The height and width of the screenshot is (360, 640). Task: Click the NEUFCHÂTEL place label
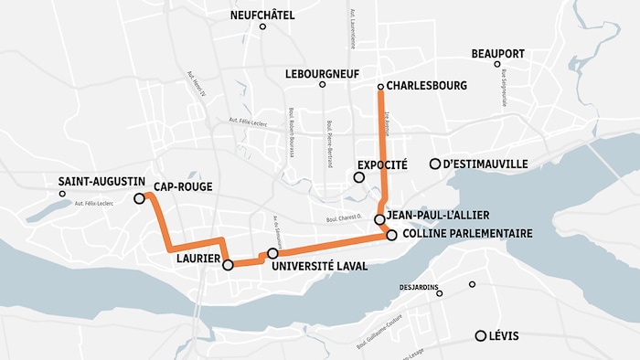[x=263, y=14]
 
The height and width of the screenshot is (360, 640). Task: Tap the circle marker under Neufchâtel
[x=262, y=27]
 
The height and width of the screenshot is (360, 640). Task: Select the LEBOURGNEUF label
[x=321, y=72]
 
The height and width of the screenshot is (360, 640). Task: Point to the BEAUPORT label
[x=497, y=53]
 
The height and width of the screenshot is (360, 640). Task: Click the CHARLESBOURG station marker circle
[x=380, y=86]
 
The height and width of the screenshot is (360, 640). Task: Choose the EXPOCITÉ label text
[x=382, y=164]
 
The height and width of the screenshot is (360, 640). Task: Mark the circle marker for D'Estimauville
[x=435, y=164]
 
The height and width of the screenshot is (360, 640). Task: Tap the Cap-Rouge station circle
[x=139, y=198]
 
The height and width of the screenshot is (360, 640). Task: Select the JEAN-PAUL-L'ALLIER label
[x=438, y=216]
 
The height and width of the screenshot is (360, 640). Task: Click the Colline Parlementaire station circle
[x=391, y=235]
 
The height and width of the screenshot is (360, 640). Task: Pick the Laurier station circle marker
[x=228, y=265]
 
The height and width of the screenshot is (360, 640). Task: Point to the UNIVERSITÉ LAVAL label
[x=320, y=266]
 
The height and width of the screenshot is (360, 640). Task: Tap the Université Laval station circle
[x=272, y=253]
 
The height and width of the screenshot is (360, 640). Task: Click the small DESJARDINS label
[x=420, y=286]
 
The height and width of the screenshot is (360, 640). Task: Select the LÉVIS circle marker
[x=480, y=335]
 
